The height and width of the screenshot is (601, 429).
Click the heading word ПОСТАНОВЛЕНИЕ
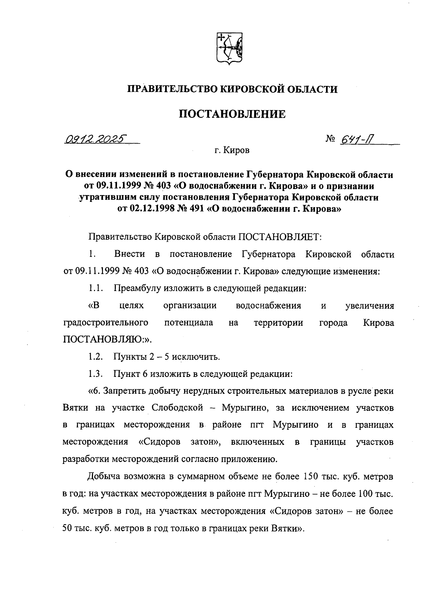pyautogui.click(x=232, y=114)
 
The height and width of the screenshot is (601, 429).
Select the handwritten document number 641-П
pyautogui.click(x=358, y=139)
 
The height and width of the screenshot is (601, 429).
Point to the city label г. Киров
pyautogui.click(x=232, y=150)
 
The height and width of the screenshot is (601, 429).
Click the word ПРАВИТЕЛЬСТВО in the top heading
pyautogui.click(x=171, y=89)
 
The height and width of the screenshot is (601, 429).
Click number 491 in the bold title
pyautogui.click(x=196, y=209)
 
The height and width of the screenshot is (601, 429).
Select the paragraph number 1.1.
pyautogui.click(x=96, y=289)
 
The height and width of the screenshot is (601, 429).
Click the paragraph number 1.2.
pyautogui.click(x=96, y=357)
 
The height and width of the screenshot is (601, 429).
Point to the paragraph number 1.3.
pyautogui.click(x=96, y=374)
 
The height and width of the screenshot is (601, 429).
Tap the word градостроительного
pyautogui.click(x=106, y=323)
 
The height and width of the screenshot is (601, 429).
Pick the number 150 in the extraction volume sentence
pyautogui.click(x=312, y=477)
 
